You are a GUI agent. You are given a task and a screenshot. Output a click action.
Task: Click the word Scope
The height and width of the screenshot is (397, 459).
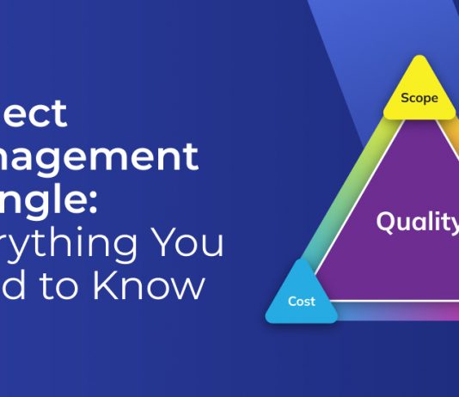(419, 98)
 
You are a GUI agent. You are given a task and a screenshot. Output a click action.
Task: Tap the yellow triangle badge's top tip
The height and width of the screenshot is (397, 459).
(419, 58)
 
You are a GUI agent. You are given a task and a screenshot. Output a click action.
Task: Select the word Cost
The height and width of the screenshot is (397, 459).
(302, 302)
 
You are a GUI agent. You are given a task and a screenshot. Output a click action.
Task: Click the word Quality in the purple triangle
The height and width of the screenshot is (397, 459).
(417, 222)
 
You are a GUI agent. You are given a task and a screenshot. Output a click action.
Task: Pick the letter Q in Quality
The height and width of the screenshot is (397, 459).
(387, 221)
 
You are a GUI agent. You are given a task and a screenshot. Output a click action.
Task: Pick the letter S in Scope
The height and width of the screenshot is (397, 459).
(405, 98)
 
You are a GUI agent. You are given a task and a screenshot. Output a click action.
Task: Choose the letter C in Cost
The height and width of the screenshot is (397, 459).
(292, 302)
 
